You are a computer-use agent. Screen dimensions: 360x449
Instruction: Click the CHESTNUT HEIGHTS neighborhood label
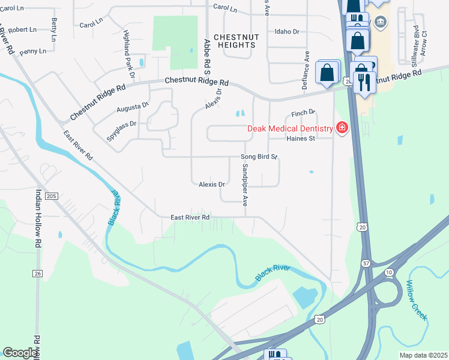[x=236, y=41]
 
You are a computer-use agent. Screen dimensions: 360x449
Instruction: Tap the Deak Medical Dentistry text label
[x=291, y=128]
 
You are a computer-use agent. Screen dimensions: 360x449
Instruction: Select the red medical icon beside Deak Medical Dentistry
[x=342, y=128]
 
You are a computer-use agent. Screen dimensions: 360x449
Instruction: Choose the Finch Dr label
[x=303, y=113]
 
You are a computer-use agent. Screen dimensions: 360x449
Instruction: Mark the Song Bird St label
[x=259, y=157]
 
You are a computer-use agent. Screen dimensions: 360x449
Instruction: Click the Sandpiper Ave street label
[x=245, y=187]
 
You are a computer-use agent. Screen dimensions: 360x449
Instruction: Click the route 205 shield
[x=52, y=196]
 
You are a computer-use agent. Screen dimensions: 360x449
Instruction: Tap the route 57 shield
[x=366, y=263]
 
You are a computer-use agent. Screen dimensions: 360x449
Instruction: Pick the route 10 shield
[x=389, y=272]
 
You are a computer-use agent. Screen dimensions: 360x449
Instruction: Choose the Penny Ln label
[x=32, y=52]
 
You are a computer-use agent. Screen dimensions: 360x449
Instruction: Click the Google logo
[x=20, y=353]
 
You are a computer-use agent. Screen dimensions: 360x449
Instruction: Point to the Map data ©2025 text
[x=423, y=355]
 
